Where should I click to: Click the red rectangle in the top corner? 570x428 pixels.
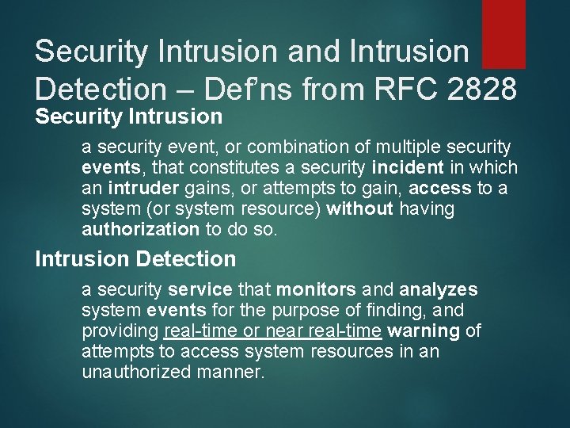pos(503,33)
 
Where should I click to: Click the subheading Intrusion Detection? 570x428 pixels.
pos(135,258)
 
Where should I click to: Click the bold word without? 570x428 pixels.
pos(360,209)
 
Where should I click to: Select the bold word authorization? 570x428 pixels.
pos(140,230)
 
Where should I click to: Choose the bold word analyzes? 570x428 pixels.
pos(439,290)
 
